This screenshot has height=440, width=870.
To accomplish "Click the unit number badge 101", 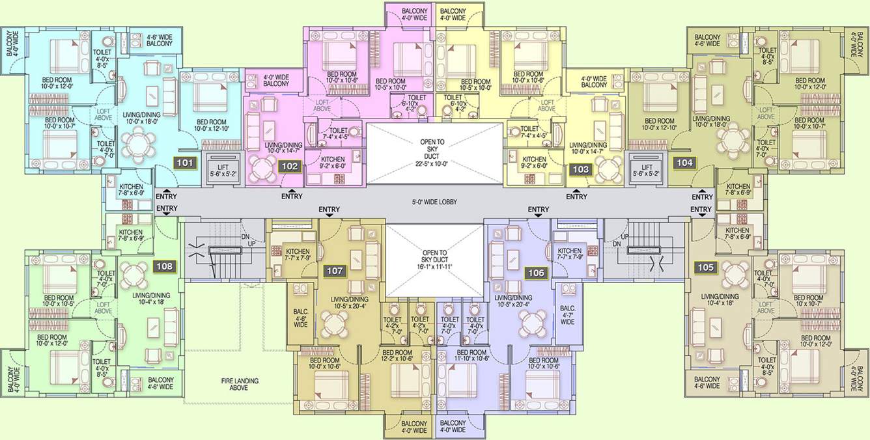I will (x=186, y=163).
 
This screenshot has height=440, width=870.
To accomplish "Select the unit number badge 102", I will (x=290, y=167).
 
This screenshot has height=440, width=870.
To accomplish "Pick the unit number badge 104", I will (x=684, y=163).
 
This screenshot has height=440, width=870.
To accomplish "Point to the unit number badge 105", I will (x=705, y=266).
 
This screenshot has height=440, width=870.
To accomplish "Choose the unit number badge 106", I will (x=536, y=273).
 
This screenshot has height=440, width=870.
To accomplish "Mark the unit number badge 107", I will (x=335, y=270).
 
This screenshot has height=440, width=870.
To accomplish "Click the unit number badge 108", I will (x=165, y=266).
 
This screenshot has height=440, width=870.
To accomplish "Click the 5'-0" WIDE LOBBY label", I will (x=435, y=202).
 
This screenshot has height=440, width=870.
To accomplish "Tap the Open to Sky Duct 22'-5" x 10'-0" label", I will (x=434, y=153).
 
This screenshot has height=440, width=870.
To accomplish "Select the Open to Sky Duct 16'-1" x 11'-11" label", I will (x=434, y=259).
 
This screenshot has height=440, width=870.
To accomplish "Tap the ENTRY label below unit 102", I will (x=292, y=196).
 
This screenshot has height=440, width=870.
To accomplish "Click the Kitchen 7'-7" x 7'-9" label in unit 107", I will (x=298, y=255).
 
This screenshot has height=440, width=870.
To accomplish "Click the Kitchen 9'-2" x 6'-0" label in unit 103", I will (x=535, y=163).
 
